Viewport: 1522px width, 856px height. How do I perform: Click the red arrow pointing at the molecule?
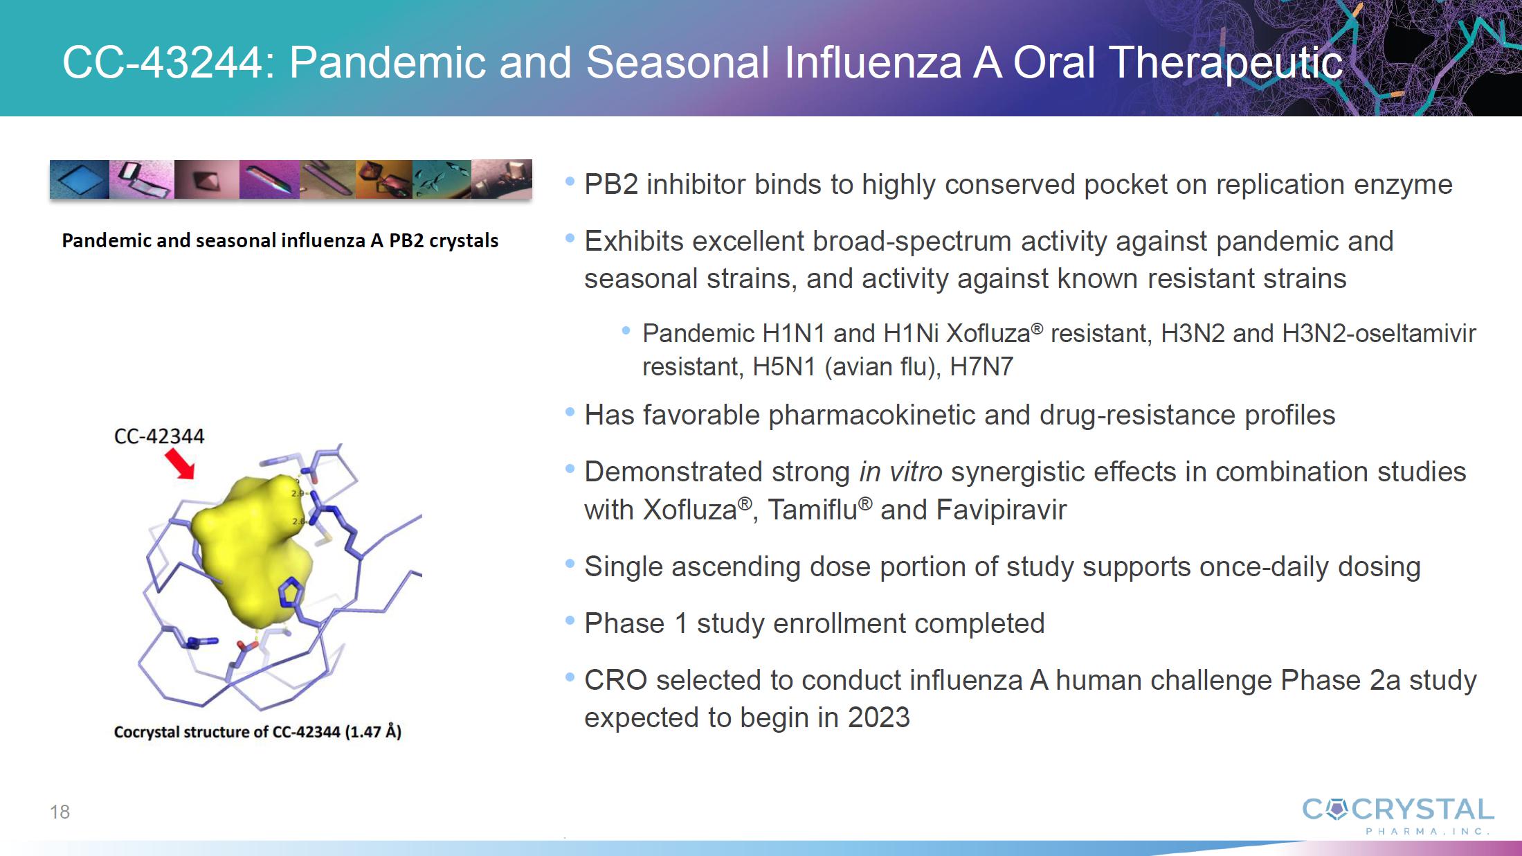coord(180,463)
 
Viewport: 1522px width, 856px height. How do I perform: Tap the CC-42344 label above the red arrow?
coord(159,436)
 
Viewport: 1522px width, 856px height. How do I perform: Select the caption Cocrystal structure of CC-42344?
coord(257,732)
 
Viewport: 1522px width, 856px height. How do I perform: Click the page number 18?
coord(60,812)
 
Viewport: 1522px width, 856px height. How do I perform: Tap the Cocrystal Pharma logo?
coord(1397,817)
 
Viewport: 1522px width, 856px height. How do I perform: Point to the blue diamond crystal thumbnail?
coord(79,179)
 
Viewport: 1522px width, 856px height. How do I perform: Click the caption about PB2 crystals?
coord(280,240)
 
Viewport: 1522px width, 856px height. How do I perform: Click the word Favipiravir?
coord(1001,510)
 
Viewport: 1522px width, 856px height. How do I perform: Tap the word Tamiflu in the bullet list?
coord(813,510)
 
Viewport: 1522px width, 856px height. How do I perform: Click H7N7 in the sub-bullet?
coord(981,366)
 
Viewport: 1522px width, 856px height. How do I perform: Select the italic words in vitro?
coord(900,472)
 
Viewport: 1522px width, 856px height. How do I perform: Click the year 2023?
coord(879,717)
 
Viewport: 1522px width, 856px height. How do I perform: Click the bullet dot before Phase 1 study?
coord(570,621)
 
